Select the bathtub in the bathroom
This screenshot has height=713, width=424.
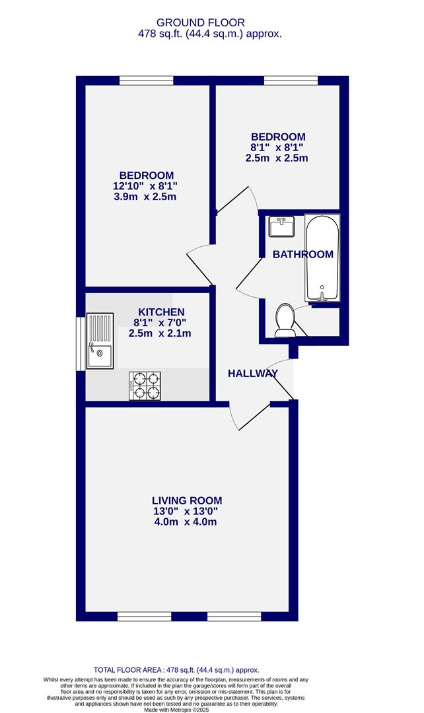click(x=322, y=258)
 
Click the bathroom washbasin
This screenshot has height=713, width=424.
click(x=282, y=227)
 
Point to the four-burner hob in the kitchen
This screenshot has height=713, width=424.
click(x=145, y=386)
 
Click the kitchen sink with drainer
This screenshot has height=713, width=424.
click(x=100, y=340)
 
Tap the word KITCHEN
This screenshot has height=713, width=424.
click(x=160, y=312)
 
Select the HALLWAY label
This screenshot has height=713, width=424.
click(x=253, y=374)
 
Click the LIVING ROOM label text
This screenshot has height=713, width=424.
click(x=187, y=500)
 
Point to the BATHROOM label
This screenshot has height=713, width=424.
click(x=303, y=254)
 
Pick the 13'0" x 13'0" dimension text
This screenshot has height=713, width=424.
click(x=185, y=511)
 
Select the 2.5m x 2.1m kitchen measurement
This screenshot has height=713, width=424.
click(x=160, y=333)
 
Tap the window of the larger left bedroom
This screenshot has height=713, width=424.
click(x=147, y=81)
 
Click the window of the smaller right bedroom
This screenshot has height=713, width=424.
click(x=291, y=81)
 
